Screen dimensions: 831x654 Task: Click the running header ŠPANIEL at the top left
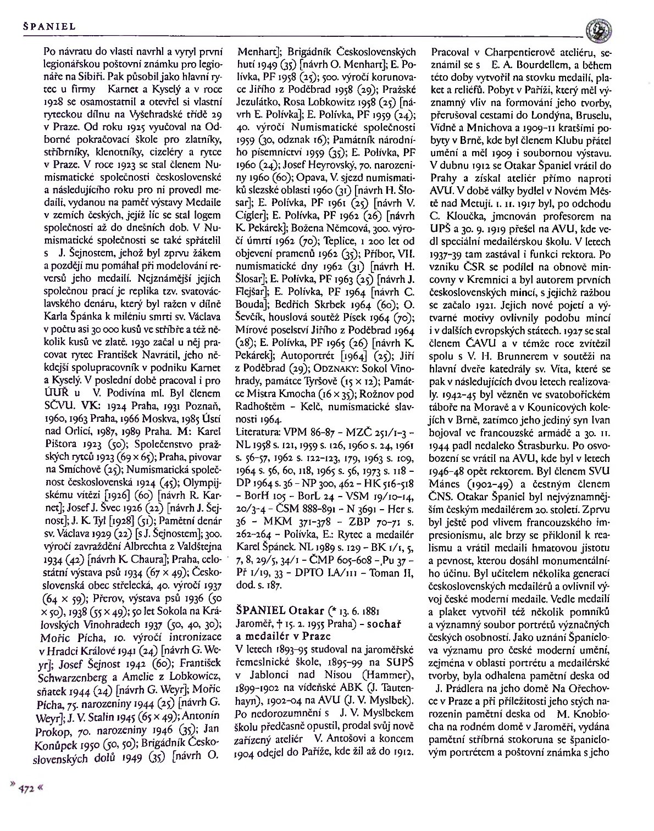point(49,26)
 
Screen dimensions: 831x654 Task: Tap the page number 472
point(27,788)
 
